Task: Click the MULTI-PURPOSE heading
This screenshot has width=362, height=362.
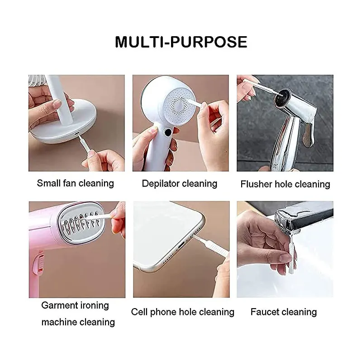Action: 181,42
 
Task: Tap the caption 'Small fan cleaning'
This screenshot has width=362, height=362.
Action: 76,183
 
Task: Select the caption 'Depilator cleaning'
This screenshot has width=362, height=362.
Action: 180,184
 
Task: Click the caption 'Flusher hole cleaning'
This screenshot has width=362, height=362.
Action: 286,184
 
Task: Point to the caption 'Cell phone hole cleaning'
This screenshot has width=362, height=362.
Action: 183,312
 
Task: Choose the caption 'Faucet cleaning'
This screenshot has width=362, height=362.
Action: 284,312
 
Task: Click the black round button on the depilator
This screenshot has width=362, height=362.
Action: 168,132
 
